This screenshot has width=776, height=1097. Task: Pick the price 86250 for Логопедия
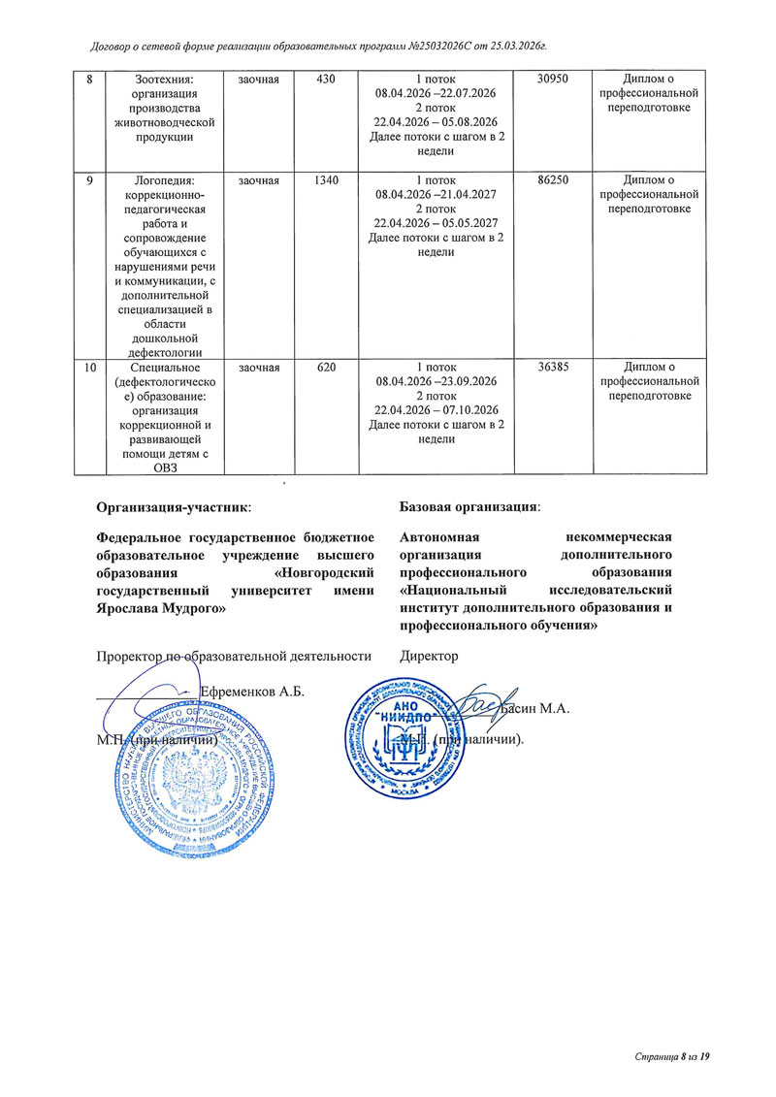coord(554,179)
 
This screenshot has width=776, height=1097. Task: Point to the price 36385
coord(554,368)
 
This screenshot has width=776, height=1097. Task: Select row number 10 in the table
coord(89,368)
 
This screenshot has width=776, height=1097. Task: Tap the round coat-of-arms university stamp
coord(193,776)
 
